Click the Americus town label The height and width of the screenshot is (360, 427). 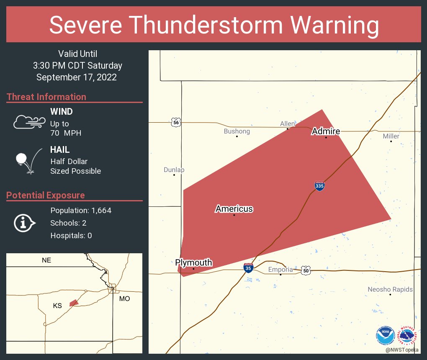coord(234,209)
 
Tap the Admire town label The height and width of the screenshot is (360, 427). coord(326,132)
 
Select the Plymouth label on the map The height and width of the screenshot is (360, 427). coord(193,263)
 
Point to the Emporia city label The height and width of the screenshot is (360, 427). coord(280,269)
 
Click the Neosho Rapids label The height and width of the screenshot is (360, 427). coord(390,289)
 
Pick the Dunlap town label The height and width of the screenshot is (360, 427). coord(174,170)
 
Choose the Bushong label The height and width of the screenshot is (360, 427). coord(237,131)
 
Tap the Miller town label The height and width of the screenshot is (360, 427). coord(391,136)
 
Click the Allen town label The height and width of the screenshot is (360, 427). coord(288,123)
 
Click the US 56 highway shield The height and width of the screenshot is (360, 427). coord(176,122)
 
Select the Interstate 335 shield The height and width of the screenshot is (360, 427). coord(319,186)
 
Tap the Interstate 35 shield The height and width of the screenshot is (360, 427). coord(249,268)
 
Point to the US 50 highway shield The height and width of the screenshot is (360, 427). coord(306,270)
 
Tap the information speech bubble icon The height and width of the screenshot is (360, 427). coord(24,223)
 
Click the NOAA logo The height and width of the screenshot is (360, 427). coord(385,336)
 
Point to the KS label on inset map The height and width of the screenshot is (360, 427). coord(57,306)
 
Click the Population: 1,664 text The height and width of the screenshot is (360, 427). coord(81,211)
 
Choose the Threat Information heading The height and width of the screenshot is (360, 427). coord(46,97)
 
